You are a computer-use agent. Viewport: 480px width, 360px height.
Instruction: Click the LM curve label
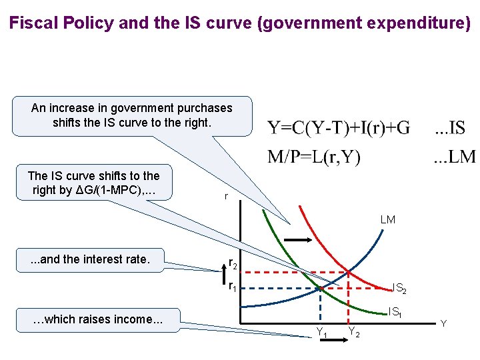pyautogui.click(x=387, y=219)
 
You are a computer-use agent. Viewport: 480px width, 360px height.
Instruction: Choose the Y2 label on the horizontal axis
pyautogui.click(x=354, y=332)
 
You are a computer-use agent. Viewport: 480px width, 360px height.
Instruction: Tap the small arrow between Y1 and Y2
pyautogui.click(x=338, y=341)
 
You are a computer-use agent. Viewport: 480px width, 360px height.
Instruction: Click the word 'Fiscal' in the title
pyautogui.click(x=31, y=24)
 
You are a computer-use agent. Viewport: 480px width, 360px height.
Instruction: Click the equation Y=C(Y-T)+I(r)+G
pyautogui.click(x=339, y=127)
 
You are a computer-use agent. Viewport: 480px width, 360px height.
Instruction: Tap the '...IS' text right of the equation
pyautogui.click(x=451, y=127)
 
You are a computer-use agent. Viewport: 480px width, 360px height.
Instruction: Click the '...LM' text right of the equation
pyautogui.click(x=455, y=157)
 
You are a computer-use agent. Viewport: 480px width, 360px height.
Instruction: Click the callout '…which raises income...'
pyautogui.click(x=98, y=319)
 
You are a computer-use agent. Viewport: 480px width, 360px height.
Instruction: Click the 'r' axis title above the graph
pyautogui.click(x=227, y=197)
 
